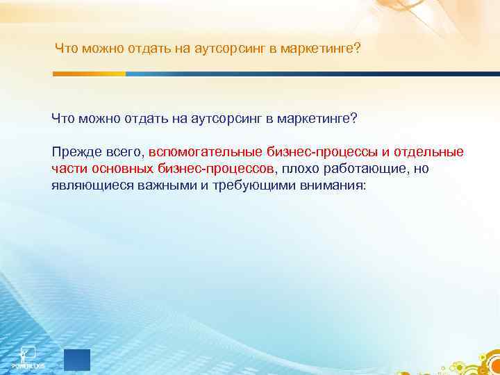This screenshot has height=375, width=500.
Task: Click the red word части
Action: coord(67,169)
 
